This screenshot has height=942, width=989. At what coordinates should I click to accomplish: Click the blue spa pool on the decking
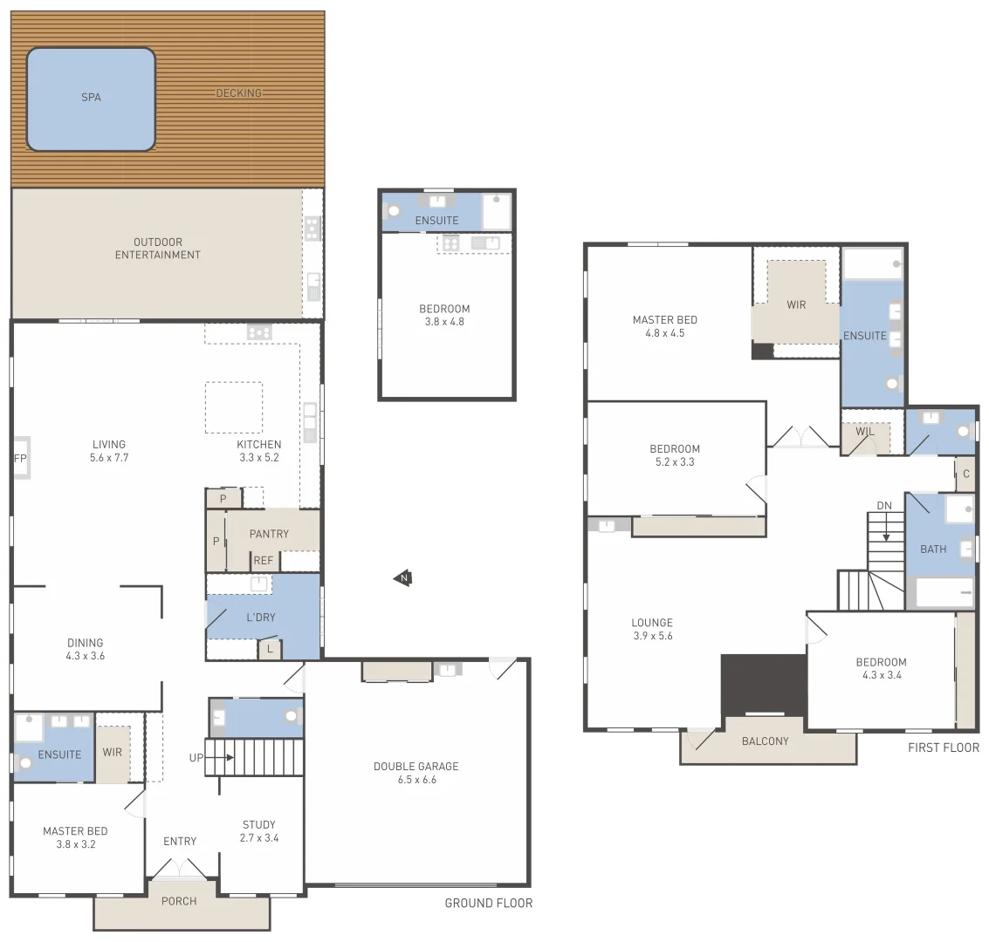click(x=91, y=99)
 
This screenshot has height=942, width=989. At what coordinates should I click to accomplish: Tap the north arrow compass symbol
click(x=402, y=577)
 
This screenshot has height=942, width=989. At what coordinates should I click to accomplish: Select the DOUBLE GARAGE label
click(x=416, y=773)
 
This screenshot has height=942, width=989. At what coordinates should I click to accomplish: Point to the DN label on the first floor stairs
click(x=884, y=507)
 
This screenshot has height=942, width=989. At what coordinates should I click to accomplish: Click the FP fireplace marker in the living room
click(x=20, y=458)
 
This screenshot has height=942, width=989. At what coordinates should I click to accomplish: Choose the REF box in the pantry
click(x=264, y=561)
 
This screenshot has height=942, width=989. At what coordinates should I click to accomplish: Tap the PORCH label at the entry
click(x=179, y=901)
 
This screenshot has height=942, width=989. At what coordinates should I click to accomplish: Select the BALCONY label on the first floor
click(x=765, y=741)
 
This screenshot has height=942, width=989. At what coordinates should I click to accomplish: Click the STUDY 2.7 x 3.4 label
click(x=259, y=831)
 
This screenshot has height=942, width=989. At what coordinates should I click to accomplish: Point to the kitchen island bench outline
click(x=233, y=407)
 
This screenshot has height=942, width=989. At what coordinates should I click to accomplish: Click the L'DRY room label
click(x=260, y=618)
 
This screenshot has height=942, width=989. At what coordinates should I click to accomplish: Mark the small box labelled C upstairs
click(x=965, y=474)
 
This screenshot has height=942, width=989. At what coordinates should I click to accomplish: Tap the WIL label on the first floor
click(x=864, y=433)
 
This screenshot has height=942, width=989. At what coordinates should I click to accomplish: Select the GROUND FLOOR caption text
click(x=488, y=903)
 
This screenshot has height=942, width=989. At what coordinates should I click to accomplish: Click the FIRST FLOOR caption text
click(x=943, y=747)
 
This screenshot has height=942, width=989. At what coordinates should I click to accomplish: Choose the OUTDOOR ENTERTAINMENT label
click(x=158, y=249)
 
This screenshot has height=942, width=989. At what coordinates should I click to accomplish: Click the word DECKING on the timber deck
click(x=238, y=93)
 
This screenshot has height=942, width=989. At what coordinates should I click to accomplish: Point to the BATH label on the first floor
click(x=933, y=549)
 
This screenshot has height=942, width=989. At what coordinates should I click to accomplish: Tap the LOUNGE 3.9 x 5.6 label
click(x=652, y=630)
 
